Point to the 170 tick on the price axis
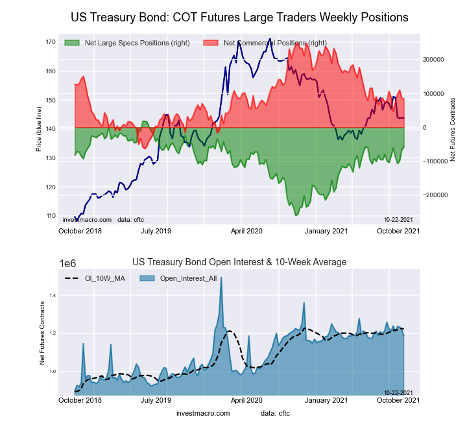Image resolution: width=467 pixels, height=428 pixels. (51, 42)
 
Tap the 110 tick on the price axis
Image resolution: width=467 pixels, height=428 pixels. (51, 216)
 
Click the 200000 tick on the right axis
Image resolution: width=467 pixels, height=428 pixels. (433, 59)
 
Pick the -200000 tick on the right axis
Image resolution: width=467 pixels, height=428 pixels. (433, 195)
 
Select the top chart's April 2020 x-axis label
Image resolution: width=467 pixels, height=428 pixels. (246, 230)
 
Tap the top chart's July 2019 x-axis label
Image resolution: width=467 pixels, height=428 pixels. (156, 230)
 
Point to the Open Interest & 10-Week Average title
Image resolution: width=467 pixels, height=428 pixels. (239, 262)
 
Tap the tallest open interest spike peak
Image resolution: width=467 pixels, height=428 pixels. (221, 278)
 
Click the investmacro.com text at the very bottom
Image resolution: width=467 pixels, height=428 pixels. (203, 413)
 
